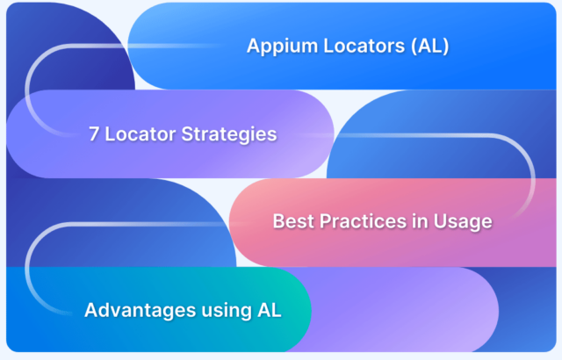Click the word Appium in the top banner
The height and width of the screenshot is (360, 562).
[282, 47]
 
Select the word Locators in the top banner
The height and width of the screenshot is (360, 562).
[364, 46]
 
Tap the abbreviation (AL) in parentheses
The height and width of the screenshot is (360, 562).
[429, 46]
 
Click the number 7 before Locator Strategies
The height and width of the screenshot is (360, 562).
[94, 134]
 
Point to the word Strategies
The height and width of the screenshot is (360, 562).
[229, 134]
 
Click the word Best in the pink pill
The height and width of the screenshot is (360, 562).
[293, 221]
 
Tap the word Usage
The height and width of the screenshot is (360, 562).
[463, 222]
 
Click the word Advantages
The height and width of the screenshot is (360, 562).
[140, 310]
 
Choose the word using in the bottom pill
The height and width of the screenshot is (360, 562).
[227, 312]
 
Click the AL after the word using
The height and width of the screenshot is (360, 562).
[270, 310]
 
